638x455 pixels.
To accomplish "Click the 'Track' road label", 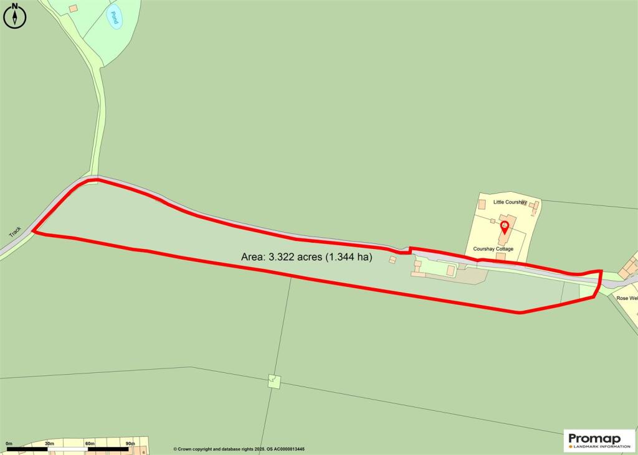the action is tap(16, 232).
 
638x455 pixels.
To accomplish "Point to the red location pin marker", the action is tap(505, 227).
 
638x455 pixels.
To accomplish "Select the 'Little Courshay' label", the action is tap(510, 202).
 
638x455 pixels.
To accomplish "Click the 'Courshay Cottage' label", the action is tap(493, 248).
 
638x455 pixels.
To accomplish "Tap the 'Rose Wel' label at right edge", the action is tap(627, 298).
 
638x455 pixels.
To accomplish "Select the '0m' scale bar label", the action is tap(9, 443).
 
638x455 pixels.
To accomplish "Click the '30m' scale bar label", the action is tap(49, 443).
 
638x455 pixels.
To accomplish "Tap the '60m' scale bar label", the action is tap(90, 443).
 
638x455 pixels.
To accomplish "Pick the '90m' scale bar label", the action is tap(130, 443).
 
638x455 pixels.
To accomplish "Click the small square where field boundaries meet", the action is tap(274, 381).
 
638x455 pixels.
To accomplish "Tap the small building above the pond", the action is tap(74, 8).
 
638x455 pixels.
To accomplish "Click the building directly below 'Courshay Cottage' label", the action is tap(500, 256).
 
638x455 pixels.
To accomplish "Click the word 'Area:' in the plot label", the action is tap(253, 256).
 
